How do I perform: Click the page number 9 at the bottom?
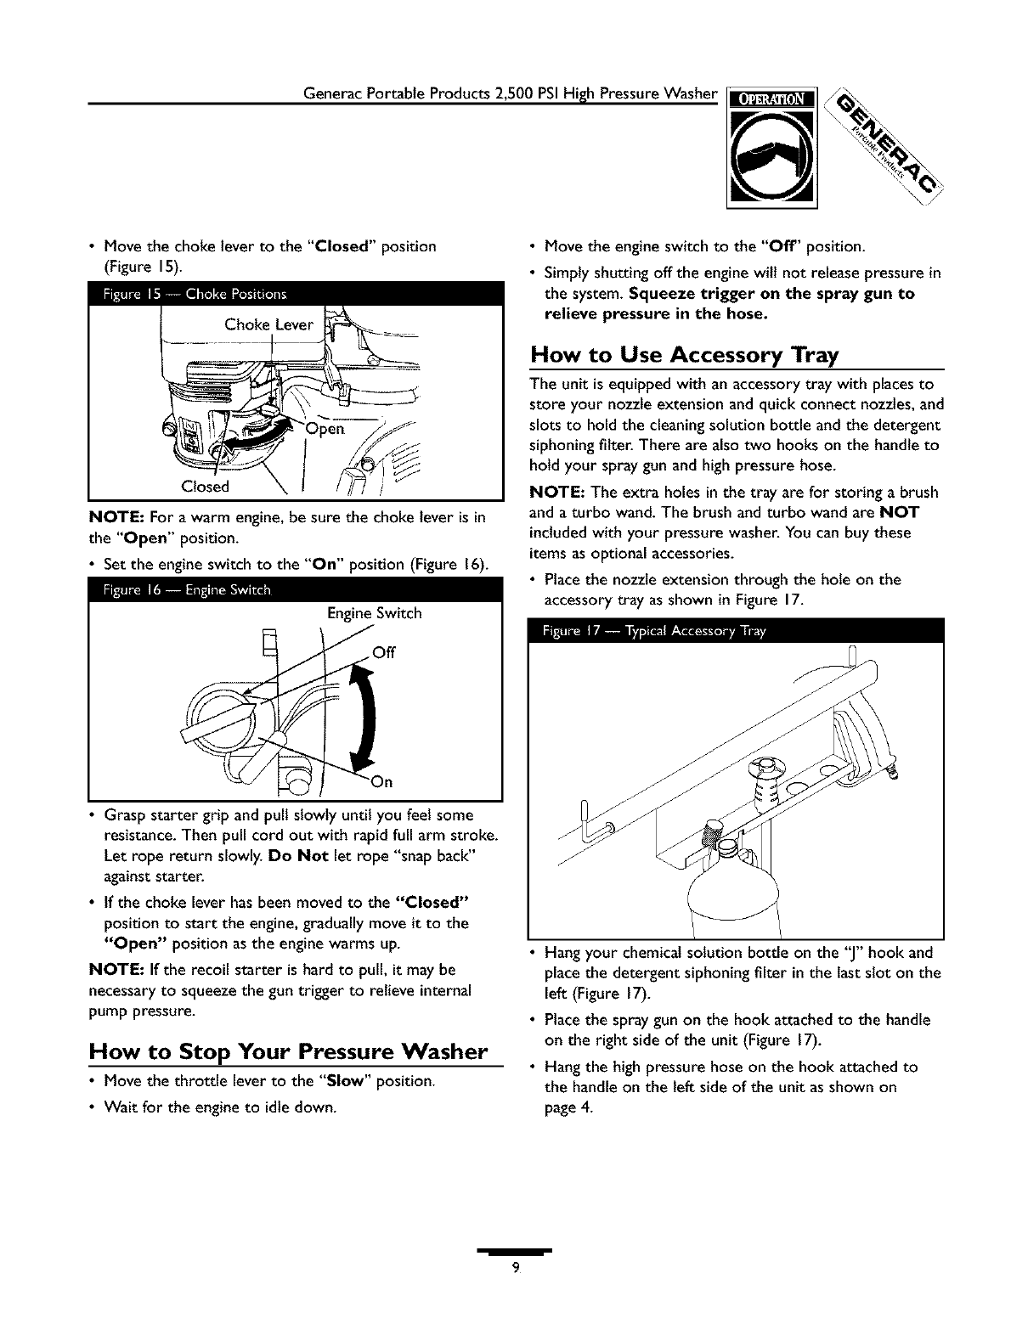pos(515,1269)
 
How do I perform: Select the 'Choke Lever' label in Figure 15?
pos(268,324)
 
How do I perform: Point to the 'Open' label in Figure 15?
pos(325,428)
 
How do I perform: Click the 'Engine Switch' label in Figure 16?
pos(374,612)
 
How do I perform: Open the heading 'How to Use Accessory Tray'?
pos(684,353)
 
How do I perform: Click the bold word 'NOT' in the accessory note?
pos(900,513)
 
